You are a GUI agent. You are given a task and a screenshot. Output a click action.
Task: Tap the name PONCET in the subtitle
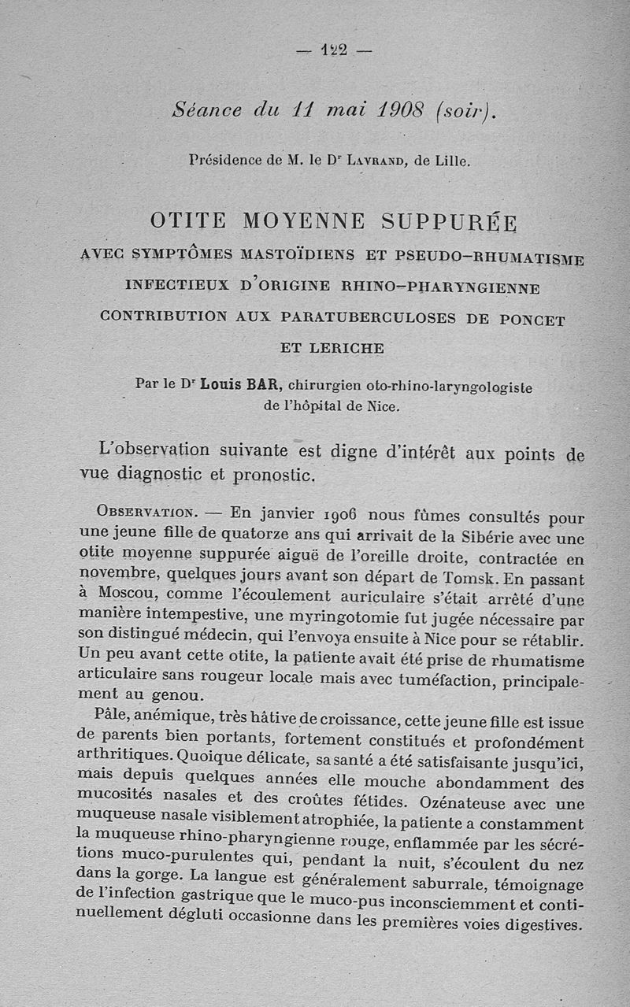(x=530, y=320)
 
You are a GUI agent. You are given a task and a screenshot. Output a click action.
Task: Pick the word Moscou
(x=124, y=592)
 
